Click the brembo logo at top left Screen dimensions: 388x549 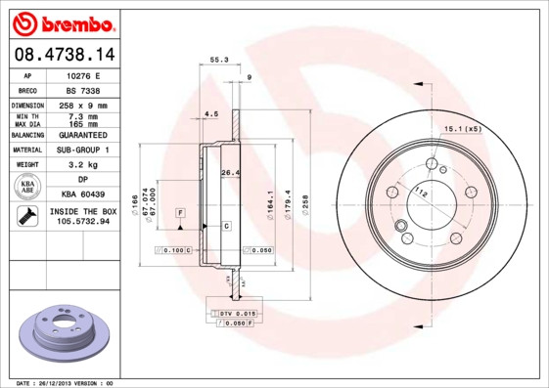[64, 22]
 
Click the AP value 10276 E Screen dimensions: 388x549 [82, 74]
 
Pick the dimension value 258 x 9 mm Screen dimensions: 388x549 [82, 104]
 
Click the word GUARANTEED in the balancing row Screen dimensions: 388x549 [82, 134]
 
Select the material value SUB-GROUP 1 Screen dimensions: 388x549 [82, 150]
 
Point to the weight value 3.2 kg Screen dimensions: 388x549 [82, 165]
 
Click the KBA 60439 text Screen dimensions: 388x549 [82, 194]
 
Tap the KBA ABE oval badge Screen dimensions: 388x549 [28, 188]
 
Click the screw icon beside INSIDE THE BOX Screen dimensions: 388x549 [28, 217]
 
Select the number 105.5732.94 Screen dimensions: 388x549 [82, 223]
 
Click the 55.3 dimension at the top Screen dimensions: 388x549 [219, 61]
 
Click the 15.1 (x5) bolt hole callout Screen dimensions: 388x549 [464, 128]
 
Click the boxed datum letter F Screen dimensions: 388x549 [180, 212]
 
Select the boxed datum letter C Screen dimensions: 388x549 [227, 226]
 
